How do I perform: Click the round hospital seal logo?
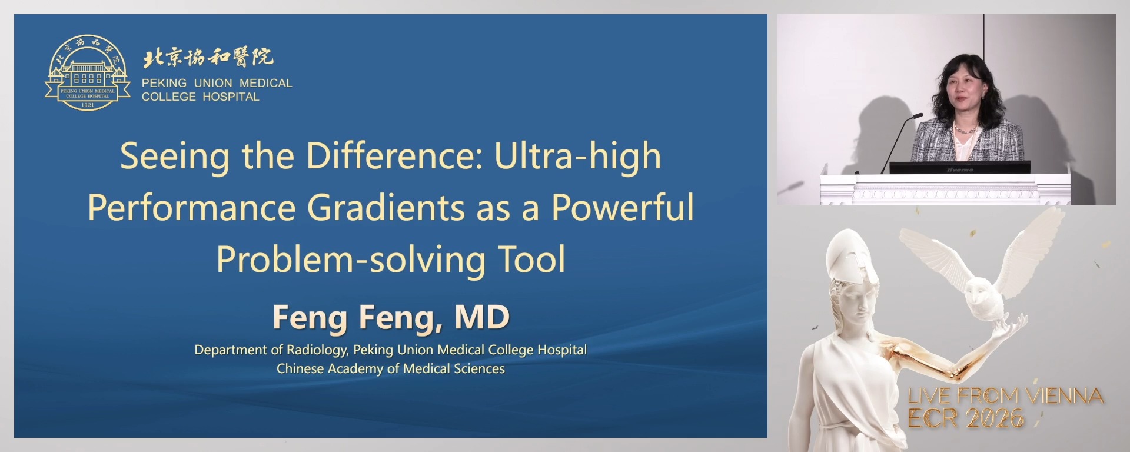pos(88,73)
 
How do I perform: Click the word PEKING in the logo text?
pos(164,84)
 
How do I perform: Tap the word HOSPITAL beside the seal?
pos(230,97)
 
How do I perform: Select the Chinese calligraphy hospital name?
pos(208,58)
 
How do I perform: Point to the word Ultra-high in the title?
pos(577,157)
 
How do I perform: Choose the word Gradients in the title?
pos(386,208)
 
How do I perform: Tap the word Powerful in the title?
pos(622,208)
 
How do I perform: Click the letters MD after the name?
pos(481,318)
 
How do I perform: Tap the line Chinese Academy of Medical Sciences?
pos(391,369)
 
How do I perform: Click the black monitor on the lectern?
pos(959,168)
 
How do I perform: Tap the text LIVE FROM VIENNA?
pos(1005,395)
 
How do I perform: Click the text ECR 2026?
pos(965,418)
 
